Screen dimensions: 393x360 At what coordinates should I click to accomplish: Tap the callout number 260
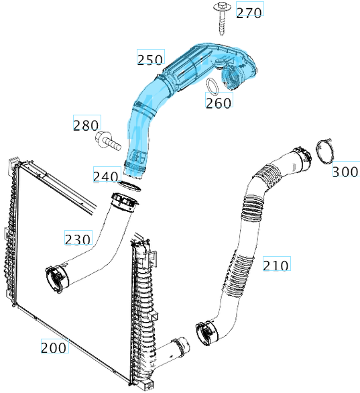[x=219, y=103]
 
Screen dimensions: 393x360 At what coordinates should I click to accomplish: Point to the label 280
[x=86, y=125]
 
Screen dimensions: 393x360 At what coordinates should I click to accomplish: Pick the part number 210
[x=276, y=266]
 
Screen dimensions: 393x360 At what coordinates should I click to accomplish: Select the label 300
[x=345, y=172]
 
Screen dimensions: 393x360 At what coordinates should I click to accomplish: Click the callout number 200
[x=54, y=347]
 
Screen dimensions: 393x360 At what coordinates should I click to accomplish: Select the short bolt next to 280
[x=107, y=141]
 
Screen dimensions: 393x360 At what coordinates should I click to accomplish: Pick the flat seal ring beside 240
[x=130, y=184]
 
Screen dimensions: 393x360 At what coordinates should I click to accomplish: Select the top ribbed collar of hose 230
[x=122, y=201]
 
